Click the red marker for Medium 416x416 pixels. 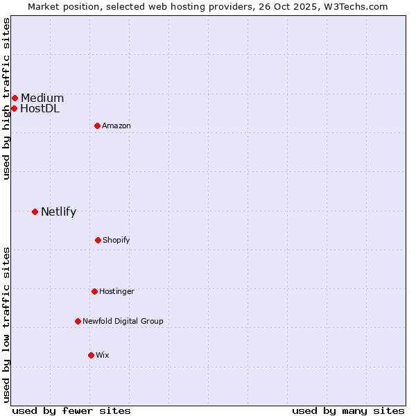(x=15, y=98)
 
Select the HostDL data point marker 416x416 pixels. (x=14, y=108)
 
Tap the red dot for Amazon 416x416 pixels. (x=97, y=125)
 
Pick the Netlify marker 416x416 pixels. (x=35, y=211)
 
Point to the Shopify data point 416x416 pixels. (x=98, y=240)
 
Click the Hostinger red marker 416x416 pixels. (x=94, y=291)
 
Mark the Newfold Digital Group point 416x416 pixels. (x=78, y=321)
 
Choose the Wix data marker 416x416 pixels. (x=91, y=355)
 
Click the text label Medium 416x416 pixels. (x=42, y=98)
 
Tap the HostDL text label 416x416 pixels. (x=40, y=108)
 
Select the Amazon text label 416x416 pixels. (x=116, y=125)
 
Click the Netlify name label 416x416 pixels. (x=58, y=211)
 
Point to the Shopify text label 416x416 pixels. (x=116, y=240)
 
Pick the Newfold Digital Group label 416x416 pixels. (x=123, y=321)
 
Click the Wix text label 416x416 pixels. (x=103, y=355)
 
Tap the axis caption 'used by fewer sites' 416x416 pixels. (x=71, y=410)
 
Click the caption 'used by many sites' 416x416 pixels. (x=348, y=410)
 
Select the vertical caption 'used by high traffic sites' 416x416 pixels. (x=6, y=98)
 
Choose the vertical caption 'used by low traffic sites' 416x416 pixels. (x=6, y=324)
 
